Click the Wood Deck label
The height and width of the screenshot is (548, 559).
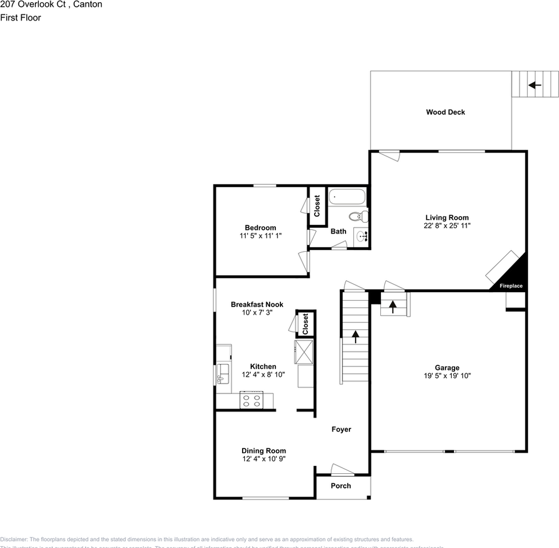[445, 112]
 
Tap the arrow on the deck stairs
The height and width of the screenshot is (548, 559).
[534, 86]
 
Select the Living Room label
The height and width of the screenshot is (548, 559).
[447, 217]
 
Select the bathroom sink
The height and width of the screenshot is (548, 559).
[361, 235]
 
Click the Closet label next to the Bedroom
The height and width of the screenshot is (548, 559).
[317, 205]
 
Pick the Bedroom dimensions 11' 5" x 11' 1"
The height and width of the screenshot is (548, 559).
[260, 236]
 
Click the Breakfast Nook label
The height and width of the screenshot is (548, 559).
[257, 305]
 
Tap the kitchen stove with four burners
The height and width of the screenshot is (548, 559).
[251, 400]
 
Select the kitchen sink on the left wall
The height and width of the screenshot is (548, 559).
[223, 374]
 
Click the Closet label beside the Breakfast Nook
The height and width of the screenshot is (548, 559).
[305, 324]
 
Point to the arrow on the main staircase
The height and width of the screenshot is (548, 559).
[355, 337]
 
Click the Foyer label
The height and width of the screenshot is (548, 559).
[341, 429]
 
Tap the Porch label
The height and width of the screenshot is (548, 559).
[341, 486]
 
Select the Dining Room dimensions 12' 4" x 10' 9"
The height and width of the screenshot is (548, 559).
[263, 458]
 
